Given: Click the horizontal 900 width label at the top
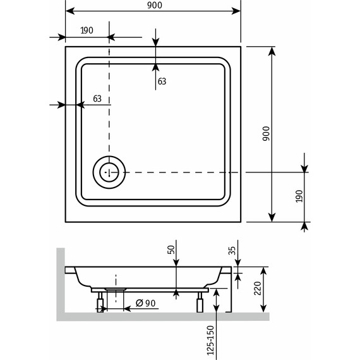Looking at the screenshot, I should coord(154,5).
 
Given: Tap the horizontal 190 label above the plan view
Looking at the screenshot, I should coord(87,30).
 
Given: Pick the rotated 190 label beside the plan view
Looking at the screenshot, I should coord(299,198).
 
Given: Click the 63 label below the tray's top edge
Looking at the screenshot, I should coord(162,81).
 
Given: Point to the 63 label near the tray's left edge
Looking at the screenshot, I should coord(97,98).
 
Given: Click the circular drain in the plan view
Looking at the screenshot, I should coord(109,172).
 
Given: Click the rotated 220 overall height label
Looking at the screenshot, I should coord(258,291).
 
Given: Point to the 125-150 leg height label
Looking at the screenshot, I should coord(210,340).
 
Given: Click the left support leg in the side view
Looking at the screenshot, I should coord(99,305).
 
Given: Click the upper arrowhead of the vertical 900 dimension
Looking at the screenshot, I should coord(272,51).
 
